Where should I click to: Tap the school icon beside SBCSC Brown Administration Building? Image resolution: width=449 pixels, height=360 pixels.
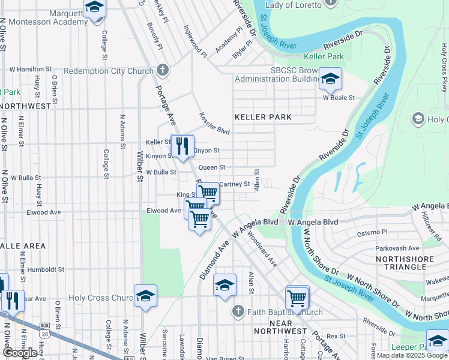330,78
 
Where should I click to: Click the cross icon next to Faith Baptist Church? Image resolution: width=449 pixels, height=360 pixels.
238,311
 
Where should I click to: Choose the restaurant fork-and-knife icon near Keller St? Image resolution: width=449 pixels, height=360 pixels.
181,145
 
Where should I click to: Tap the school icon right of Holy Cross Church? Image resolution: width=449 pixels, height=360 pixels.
145,296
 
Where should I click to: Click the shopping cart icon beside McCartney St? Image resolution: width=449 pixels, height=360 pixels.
208,193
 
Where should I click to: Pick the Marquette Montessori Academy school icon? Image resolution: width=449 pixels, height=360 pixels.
94,8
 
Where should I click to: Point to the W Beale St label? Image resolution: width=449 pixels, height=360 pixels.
339,97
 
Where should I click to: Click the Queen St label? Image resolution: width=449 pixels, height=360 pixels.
211,167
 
